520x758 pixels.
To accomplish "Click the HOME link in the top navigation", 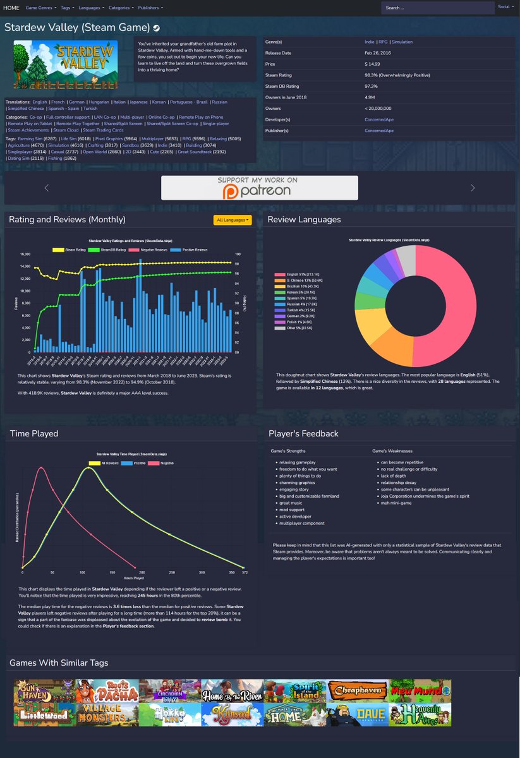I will pyautogui.click(x=11, y=8).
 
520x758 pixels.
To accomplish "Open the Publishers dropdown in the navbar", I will pyautogui.click(x=150, y=8).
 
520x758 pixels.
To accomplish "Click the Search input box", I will pyautogui.click(x=437, y=8).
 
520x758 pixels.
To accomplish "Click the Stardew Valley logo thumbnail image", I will pyautogui.click(x=65, y=64).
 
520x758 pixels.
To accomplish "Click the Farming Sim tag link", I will pyautogui.click(x=30, y=138).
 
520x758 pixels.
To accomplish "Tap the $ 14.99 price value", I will pyautogui.click(x=372, y=64).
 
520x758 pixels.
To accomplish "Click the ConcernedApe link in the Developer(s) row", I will pyautogui.click(x=378, y=119).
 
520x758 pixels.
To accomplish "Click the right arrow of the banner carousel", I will pyautogui.click(x=473, y=188).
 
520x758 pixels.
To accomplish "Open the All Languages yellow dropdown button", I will pyautogui.click(x=233, y=220).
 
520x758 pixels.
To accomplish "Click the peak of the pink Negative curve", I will pyautogui.click(x=41, y=467).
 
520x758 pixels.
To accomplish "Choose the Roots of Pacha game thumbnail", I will pyautogui.click(x=107, y=691).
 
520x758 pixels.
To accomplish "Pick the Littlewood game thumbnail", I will pyautogui.click(x=45, y=714).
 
